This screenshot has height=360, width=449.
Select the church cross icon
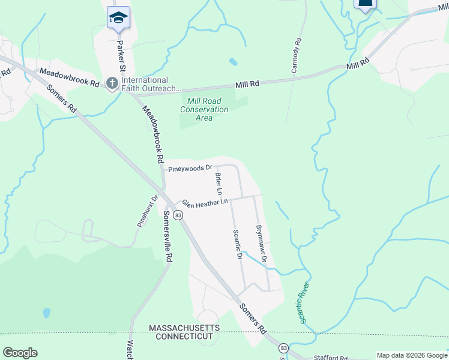[x=112, y=84]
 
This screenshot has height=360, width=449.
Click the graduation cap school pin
[x=118, y=17]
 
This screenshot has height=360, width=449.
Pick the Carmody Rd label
[x=295, y=56]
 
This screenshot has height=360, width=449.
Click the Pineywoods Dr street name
[x=190, y=169]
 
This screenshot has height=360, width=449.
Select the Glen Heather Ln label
[x=205, y=203]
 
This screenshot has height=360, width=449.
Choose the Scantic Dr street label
[x=237, y=244]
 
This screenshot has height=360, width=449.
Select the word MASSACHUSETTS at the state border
[x=184, y=328]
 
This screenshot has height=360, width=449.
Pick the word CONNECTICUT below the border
[x=184, y=337]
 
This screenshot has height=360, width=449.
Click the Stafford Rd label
[x=331, y=358]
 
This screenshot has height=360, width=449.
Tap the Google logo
[x=20, y=353]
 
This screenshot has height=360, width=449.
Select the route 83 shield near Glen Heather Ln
[x=178, y=214]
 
